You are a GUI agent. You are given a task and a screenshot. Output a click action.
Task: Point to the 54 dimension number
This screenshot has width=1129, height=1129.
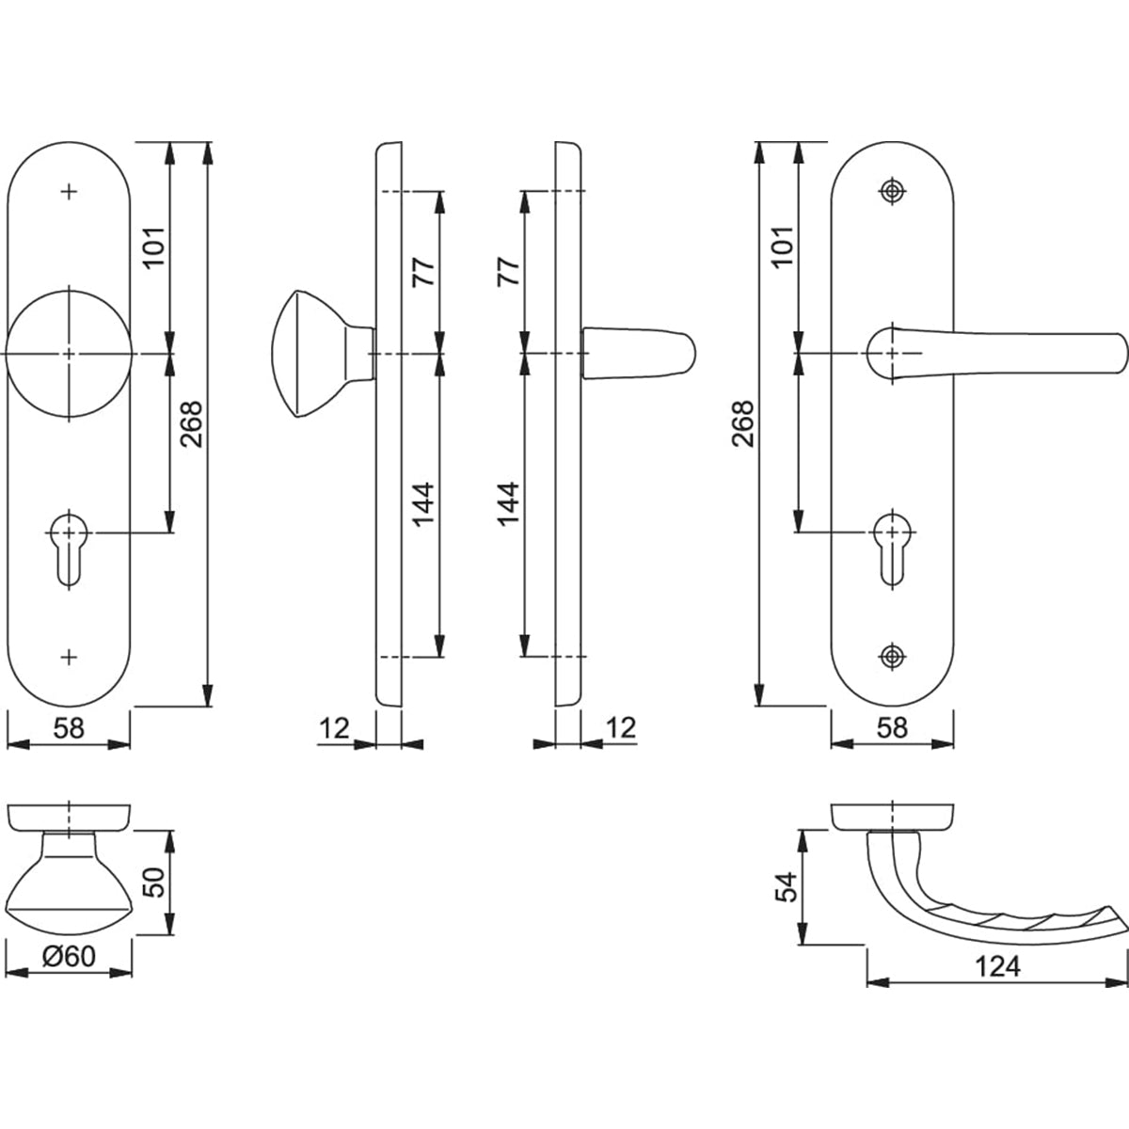(787, 887)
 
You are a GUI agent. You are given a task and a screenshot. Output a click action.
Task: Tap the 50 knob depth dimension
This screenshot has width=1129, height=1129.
(154, 883)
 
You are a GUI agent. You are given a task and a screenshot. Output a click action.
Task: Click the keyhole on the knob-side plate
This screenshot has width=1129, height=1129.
(69, 548)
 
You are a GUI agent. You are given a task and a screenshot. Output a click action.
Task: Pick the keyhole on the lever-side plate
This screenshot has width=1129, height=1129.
(892, 548)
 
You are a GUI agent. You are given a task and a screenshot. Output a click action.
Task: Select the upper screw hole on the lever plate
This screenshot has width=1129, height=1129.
(892, 191)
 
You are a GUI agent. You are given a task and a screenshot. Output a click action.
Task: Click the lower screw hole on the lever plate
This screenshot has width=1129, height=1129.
(892, 657)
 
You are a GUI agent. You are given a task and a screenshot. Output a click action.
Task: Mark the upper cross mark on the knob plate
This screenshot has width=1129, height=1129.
(69, 192)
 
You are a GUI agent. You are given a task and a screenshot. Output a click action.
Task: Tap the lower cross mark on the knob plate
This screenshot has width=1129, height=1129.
(69, 658)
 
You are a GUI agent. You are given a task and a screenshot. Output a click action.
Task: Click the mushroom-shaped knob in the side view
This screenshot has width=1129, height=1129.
(323, 354)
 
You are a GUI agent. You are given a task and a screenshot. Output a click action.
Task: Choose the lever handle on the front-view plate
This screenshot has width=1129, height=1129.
(996, 354)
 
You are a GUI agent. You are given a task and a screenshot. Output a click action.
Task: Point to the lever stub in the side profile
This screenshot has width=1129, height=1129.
(639, 354)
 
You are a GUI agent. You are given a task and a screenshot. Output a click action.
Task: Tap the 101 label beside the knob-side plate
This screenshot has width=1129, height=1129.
(154, 246)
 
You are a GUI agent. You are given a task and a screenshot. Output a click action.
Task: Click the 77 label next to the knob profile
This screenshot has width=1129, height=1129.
(423, 272)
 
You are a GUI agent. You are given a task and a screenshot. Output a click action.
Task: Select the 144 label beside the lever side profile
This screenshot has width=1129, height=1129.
(508, 504)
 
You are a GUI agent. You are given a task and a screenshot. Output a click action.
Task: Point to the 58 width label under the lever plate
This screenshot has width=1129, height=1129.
(892, 728)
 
